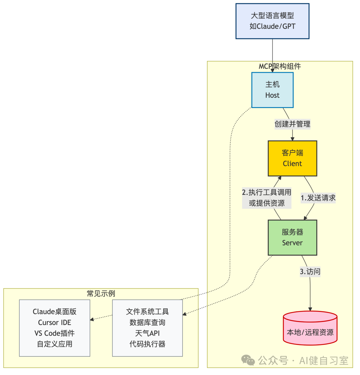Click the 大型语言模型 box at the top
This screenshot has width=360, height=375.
coord(272,21)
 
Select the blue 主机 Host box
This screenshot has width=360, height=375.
coord(272,90)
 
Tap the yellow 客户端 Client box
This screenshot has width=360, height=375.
coord(292,158)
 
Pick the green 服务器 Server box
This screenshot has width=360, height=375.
coord(292,238)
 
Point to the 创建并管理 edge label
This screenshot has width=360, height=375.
coord(292,124)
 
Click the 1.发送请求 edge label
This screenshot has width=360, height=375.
coord(318,198)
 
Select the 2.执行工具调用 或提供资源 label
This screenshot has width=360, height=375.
coord(267,198)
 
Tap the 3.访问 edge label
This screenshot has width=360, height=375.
coord(310,272)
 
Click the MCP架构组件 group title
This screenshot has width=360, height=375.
coord(280,66)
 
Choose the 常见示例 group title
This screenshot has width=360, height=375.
coord(101,293)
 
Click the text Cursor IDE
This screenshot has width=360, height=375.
coord(55,323)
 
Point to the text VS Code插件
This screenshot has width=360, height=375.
coord(55,333)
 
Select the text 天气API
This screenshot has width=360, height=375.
coord(147,333)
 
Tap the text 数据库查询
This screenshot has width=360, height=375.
coord(147,323)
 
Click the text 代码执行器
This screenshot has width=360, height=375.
coord(147,344)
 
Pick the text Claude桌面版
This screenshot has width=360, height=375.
coord(55,312)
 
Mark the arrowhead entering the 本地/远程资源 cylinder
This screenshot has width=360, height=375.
coord(310,309)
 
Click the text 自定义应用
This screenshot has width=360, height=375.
coord(55,344)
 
